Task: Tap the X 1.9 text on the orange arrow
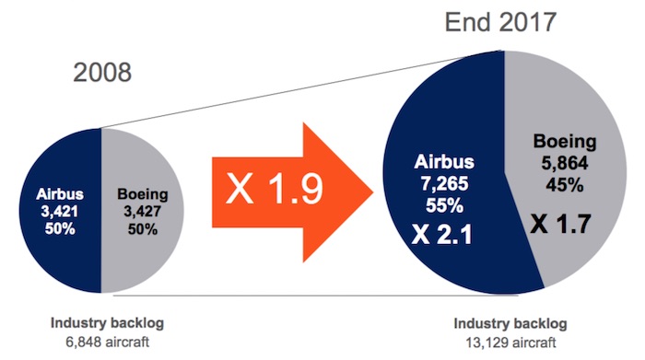[x=276, y=188]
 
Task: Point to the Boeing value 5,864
[x=560, y=161]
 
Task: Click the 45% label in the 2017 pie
[x=560, y=181]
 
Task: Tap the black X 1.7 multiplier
[x=560, y=221]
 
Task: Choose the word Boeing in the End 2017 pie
[x=560, y=142]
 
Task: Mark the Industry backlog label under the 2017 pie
[x=511, y=324]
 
